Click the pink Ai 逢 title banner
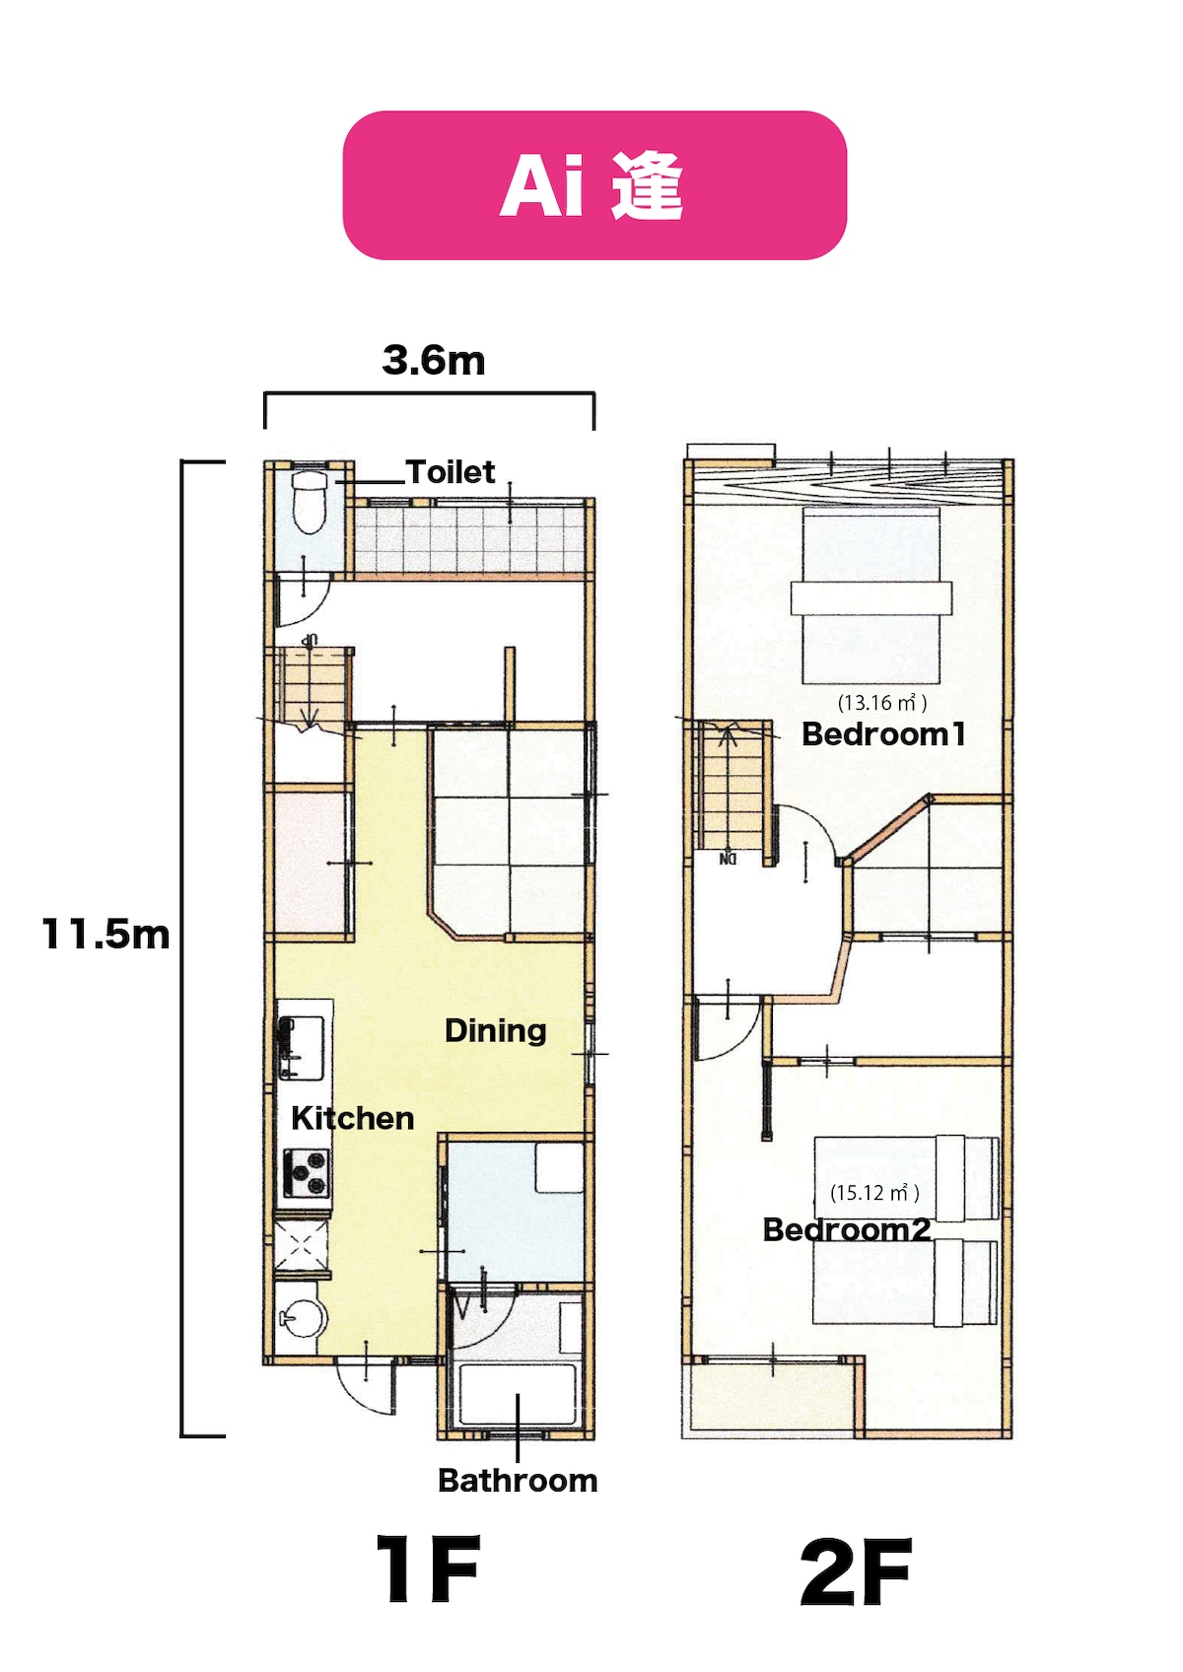pyautogui.click(x=594, y=185)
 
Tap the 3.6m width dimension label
pyautogui.click(x=434, y=361)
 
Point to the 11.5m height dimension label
pyautogui.click(x=106, y=934)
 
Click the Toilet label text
pyautogui.click(x=451, y=472)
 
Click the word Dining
pyautogui.click(x=496, y=1030)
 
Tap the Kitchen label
pyautogui.click(x=352, y=1118)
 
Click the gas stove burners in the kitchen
pyautogui.click(x=305, y=1172)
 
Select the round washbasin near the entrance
pyautogui.click(x=305, y=1319)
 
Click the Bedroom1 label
pyautogui.click(x=883, y=734)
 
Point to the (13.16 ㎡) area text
pyautogui.click(x=881, y=702)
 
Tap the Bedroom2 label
pyautogui.click(x=847, y=1229)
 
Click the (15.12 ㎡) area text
pyautogui.click(x=874, y=1192)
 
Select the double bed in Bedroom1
pyautogui.click(x=871, y=594)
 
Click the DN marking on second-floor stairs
pyautogui.click(x=728, y=859)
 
